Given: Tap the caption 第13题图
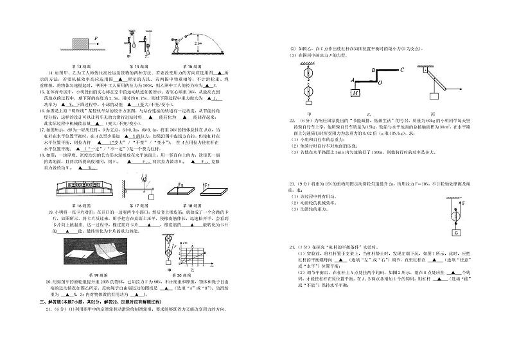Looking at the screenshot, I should coord(81,66).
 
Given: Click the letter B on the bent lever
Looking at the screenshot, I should coord(373,70).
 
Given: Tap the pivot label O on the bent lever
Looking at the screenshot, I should coord(380,83).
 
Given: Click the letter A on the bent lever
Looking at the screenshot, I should coord(352,81).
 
